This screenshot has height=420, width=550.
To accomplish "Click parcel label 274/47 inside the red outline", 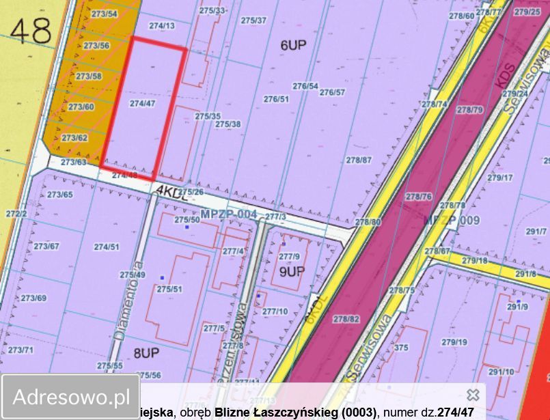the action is (142, 104).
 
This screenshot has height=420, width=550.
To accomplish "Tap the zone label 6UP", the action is (293, 46).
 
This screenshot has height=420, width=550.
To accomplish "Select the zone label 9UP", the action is (291, 271).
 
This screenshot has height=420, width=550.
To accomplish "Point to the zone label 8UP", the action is (146, 352).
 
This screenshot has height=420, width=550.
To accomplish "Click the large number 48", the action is (31, 31).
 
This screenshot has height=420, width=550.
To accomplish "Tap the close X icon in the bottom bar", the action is (472, 395).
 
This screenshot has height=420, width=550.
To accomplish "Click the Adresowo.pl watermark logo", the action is (71, 396).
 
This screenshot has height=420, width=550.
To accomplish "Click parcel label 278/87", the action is (359, 160).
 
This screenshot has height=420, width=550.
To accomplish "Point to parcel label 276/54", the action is (305, 86).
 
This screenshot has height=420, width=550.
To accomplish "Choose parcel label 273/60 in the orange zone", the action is (81, 107).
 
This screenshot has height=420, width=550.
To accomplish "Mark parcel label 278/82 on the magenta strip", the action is (346, 319).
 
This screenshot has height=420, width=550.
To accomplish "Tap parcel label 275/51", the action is (169, 290).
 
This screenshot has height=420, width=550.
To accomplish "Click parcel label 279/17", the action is (499, 178).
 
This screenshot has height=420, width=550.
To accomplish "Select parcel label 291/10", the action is (501, 372).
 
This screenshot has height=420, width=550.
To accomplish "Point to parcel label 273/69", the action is (33, 298).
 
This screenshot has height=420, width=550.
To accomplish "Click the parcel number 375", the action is (401, 348).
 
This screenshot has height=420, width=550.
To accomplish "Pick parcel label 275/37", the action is (253, 20).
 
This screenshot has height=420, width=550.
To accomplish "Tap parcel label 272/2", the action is (16, 214).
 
